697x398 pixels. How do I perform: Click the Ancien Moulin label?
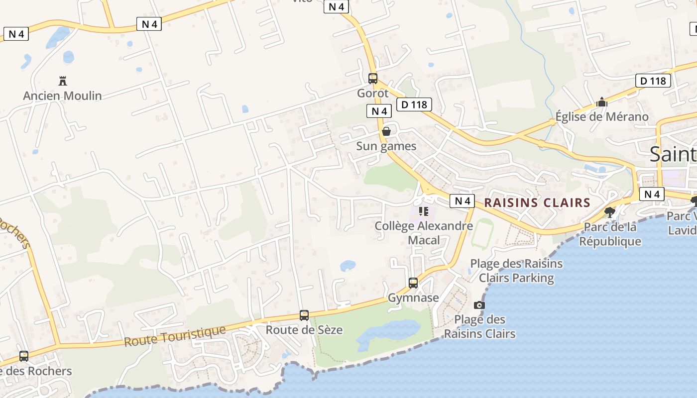[62, 96]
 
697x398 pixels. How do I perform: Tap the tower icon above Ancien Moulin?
[63, 81]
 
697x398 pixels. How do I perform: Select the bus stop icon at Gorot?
[373, 78]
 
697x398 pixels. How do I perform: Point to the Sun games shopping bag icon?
[386, 131]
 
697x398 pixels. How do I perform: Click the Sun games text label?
[386, 146]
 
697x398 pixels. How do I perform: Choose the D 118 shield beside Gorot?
[414, 104]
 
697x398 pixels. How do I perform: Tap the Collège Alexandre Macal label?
[424, 233]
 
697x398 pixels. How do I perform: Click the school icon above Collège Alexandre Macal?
[424, 211]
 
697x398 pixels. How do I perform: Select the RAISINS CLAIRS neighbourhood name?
[537, 203]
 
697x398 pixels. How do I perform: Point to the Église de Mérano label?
[602, 117]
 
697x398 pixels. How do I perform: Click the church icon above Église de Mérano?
[602, 102]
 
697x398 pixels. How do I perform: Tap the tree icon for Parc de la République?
[609, 212]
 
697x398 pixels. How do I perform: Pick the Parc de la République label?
[610, 234]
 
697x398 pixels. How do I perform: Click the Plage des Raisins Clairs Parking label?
[516, 271]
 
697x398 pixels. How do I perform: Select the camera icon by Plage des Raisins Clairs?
[479, 305]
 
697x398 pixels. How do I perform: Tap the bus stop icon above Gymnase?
[413, 283]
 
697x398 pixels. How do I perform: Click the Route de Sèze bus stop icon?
[304, 315]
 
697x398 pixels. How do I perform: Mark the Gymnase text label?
[413, 298]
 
